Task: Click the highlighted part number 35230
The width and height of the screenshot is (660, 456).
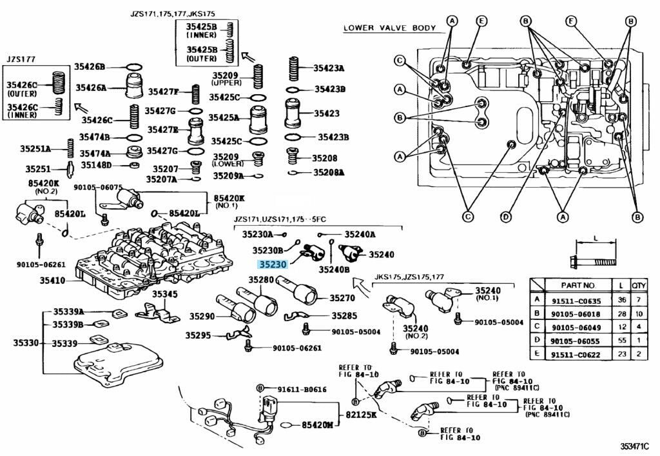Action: click(271, 264)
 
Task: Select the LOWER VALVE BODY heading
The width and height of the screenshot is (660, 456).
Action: click(389, 28)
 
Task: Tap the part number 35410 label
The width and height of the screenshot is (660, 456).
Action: click(52, 281)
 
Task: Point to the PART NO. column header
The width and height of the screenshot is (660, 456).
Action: click(576, 284)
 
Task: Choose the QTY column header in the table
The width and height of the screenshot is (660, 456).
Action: click(639, 284)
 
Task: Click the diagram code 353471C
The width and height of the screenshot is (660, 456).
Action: click(635, 446)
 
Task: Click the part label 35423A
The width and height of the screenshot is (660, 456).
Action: click(329, 68)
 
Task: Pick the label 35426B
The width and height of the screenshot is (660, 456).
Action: click(89, 66)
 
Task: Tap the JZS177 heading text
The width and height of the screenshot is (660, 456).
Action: click(21, 59)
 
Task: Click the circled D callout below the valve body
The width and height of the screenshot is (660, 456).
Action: click(506, 216)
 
